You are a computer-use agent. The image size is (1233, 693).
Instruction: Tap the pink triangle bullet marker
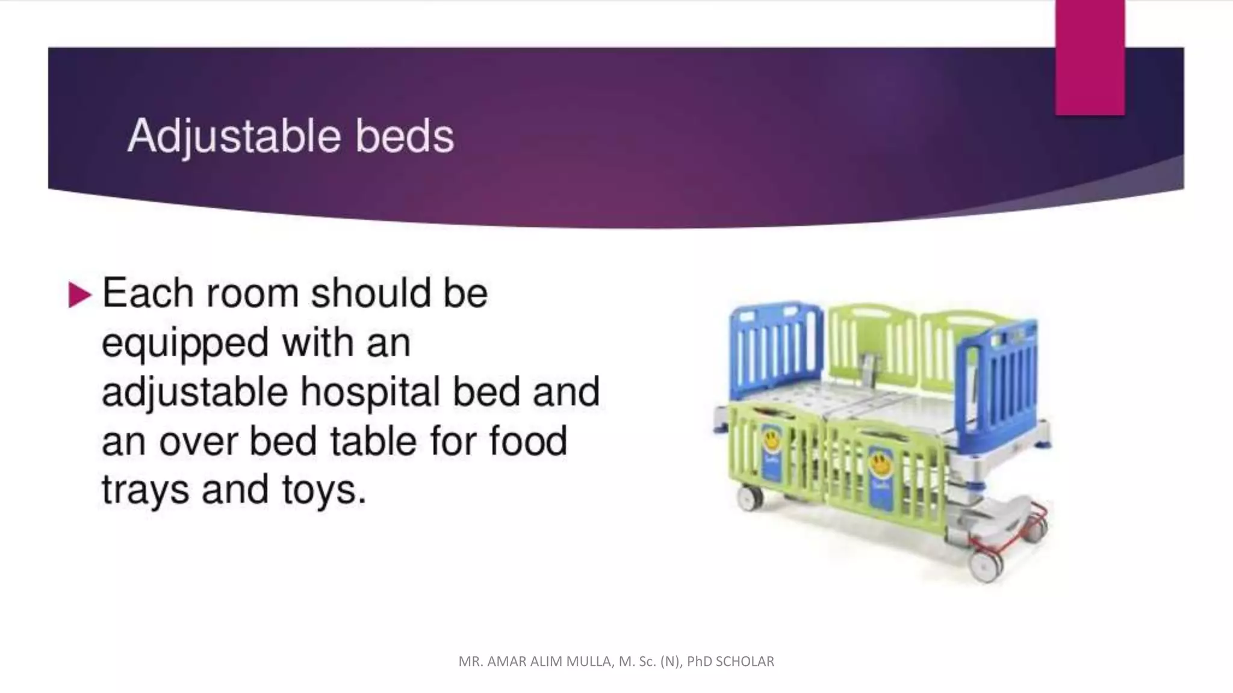[79, 295]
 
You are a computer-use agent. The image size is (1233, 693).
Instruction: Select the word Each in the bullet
[148, 294]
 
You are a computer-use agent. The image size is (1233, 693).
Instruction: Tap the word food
[528, 440]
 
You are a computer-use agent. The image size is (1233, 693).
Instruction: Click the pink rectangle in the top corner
[1089, 57]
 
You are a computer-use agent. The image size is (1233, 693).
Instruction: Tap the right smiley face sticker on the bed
[880, 465]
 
